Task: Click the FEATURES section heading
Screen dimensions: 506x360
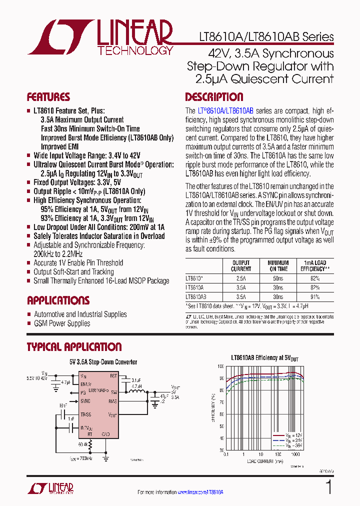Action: (x=48, y=97)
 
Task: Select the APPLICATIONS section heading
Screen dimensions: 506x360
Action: (x=58, y=300)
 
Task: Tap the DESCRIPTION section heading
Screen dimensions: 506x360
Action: (x=214, y=97)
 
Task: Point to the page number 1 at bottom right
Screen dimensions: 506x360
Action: (x=328, y=487)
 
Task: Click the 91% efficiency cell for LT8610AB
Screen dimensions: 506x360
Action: (x=314, y=296)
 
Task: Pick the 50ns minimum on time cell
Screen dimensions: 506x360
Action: (x=278, y=278)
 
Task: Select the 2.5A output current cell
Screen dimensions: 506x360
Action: (x=241, y=278)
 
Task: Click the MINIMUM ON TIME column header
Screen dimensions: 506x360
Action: (x=278, y=265)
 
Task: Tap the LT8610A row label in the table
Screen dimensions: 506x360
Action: (x=194, y=287)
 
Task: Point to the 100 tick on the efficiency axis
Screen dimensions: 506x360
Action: (x=220, y=366)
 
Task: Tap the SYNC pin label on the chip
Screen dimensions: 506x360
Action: (x=85, y=401)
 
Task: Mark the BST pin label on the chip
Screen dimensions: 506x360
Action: (x=113, y=375)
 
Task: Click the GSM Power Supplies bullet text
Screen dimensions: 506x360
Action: (x=62, y=323)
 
